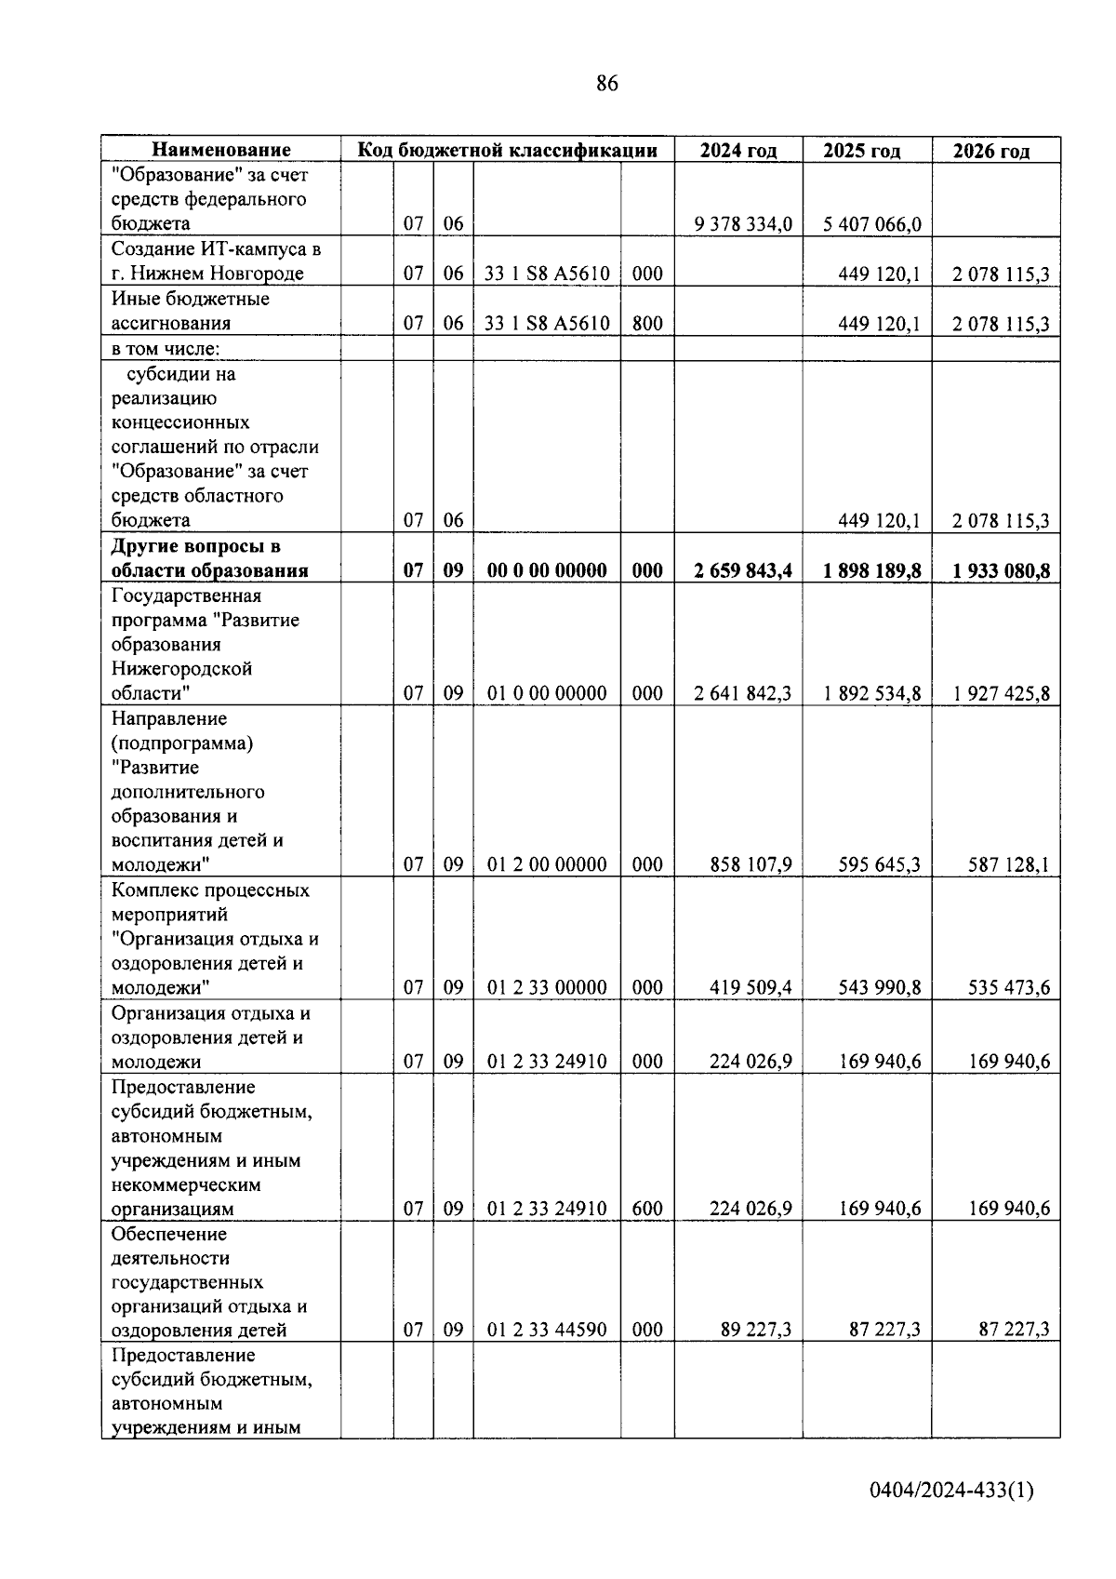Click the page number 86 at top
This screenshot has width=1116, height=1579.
pos(606,84)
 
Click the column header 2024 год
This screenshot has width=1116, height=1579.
pos(738,151)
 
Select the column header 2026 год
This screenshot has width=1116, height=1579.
pos(991,151)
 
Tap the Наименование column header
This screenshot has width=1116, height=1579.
pos(221,150)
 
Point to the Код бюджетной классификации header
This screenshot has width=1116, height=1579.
pos(508,150)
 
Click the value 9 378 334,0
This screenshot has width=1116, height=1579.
pos(743,224)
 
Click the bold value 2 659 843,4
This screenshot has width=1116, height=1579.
pos(743,570)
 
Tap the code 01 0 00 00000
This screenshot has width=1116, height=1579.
pos(547,693)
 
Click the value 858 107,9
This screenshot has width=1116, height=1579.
pos(751,864)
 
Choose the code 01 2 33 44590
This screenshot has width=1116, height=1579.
pos(547,1330)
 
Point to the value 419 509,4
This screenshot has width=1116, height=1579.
pos(751,987)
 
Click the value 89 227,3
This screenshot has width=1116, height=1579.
pos(756,1330)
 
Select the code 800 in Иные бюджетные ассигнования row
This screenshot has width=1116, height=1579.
pos(647,324)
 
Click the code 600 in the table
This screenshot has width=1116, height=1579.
pos(647,1209)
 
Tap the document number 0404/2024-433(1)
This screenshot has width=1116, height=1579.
pos(950,1491)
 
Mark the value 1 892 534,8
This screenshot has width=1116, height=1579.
pos(871,693)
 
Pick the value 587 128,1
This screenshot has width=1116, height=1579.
pos(1008,864)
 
